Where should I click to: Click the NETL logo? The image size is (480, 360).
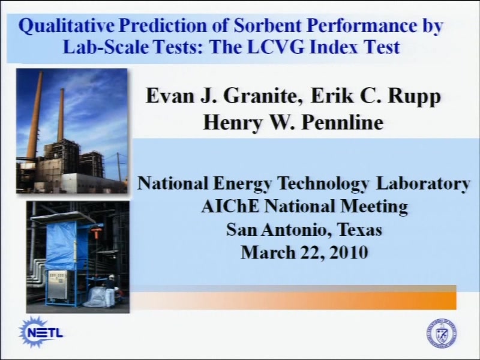(x=41, y=332)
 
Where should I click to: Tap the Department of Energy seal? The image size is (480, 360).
(x=442, y=334)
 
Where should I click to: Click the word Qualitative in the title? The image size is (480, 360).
(x=66, y=26)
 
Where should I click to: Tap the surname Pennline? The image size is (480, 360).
(x=342, y=122)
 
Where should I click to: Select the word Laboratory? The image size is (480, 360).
(x=423, y=184)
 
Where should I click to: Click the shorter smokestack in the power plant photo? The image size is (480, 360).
(x=61, y=116)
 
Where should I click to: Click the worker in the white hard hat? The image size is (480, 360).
(x=112, y=284)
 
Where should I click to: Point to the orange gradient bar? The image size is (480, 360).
(x=293, y=301)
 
